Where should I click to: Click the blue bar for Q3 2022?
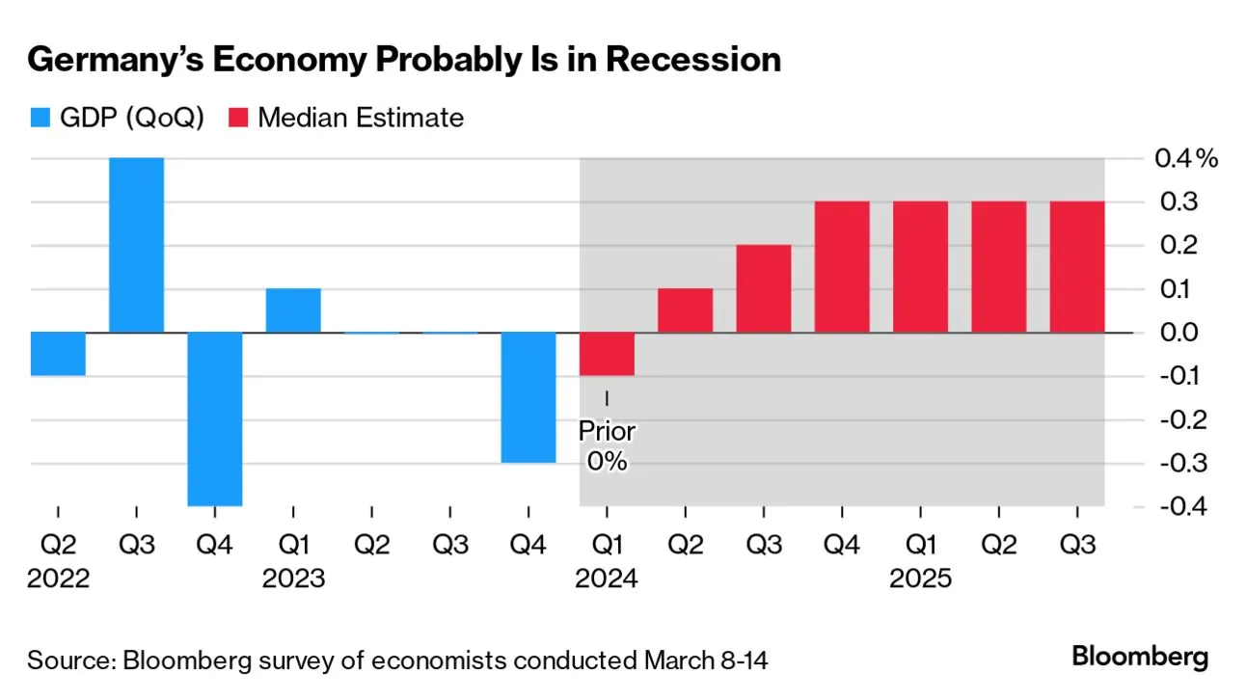pyautogui.click(x=136, y=245)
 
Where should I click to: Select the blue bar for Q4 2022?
pyautogui.click(x=214, y=418)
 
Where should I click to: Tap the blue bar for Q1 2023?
pyautogui.click(x=293, y=310)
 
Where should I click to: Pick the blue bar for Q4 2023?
pyautogui.click(x=528, y=397)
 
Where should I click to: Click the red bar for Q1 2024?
pyautogui.click(x=607, y=354)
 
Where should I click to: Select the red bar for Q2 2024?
pyautogui.click(x=685, y=310)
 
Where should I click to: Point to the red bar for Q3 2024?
pyautogui.click(x=764, y=288)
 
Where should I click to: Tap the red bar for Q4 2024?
pyautogui.click(x=842, y=267)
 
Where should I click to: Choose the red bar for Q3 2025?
pyautogui.click(x=1077, y=267)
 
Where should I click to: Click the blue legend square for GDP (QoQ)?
pyautogui.click(x=39, y=119)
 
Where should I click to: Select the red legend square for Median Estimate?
pyautogui.click(x=239, y=119)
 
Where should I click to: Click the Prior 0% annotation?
pyautogui.click(x=607, y=445)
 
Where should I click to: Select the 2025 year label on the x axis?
pyautogui.click(x=920, y=579)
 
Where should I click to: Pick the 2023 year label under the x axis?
pyautogui.click(x=293, y=579)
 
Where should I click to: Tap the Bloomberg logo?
pyautogui.click(x=1140, y=658)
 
